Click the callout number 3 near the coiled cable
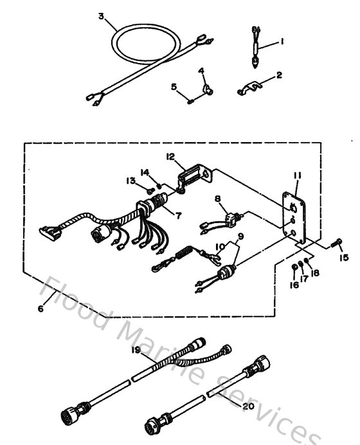101,15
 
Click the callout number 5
174,86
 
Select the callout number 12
170,156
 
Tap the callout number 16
294,284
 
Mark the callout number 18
314,273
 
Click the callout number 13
132,181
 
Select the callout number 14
146,172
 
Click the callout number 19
136,350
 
